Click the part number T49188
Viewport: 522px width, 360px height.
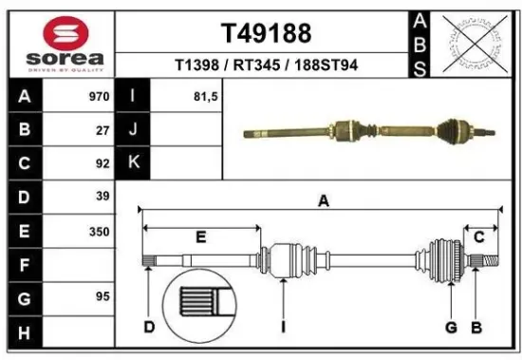point(267,33)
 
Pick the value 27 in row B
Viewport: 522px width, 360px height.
point(102,130)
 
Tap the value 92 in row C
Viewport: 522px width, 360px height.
point(102,163)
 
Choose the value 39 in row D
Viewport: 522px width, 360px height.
point(102,197)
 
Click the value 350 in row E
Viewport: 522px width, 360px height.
point(98,231)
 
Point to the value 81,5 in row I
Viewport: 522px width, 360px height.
point(192,96)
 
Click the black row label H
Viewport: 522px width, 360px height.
point(24,332)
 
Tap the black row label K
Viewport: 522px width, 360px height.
point(134,163)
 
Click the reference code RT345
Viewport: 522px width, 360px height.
point(259,66)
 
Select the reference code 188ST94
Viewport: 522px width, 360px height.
point(326,66)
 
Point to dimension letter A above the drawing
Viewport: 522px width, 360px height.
point(323,200)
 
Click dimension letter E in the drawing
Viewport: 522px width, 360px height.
point(201,237)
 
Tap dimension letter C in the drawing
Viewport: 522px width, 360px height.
point(480,237)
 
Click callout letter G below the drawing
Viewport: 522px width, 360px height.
point(452,328)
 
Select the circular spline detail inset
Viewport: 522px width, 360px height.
point(202,305)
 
